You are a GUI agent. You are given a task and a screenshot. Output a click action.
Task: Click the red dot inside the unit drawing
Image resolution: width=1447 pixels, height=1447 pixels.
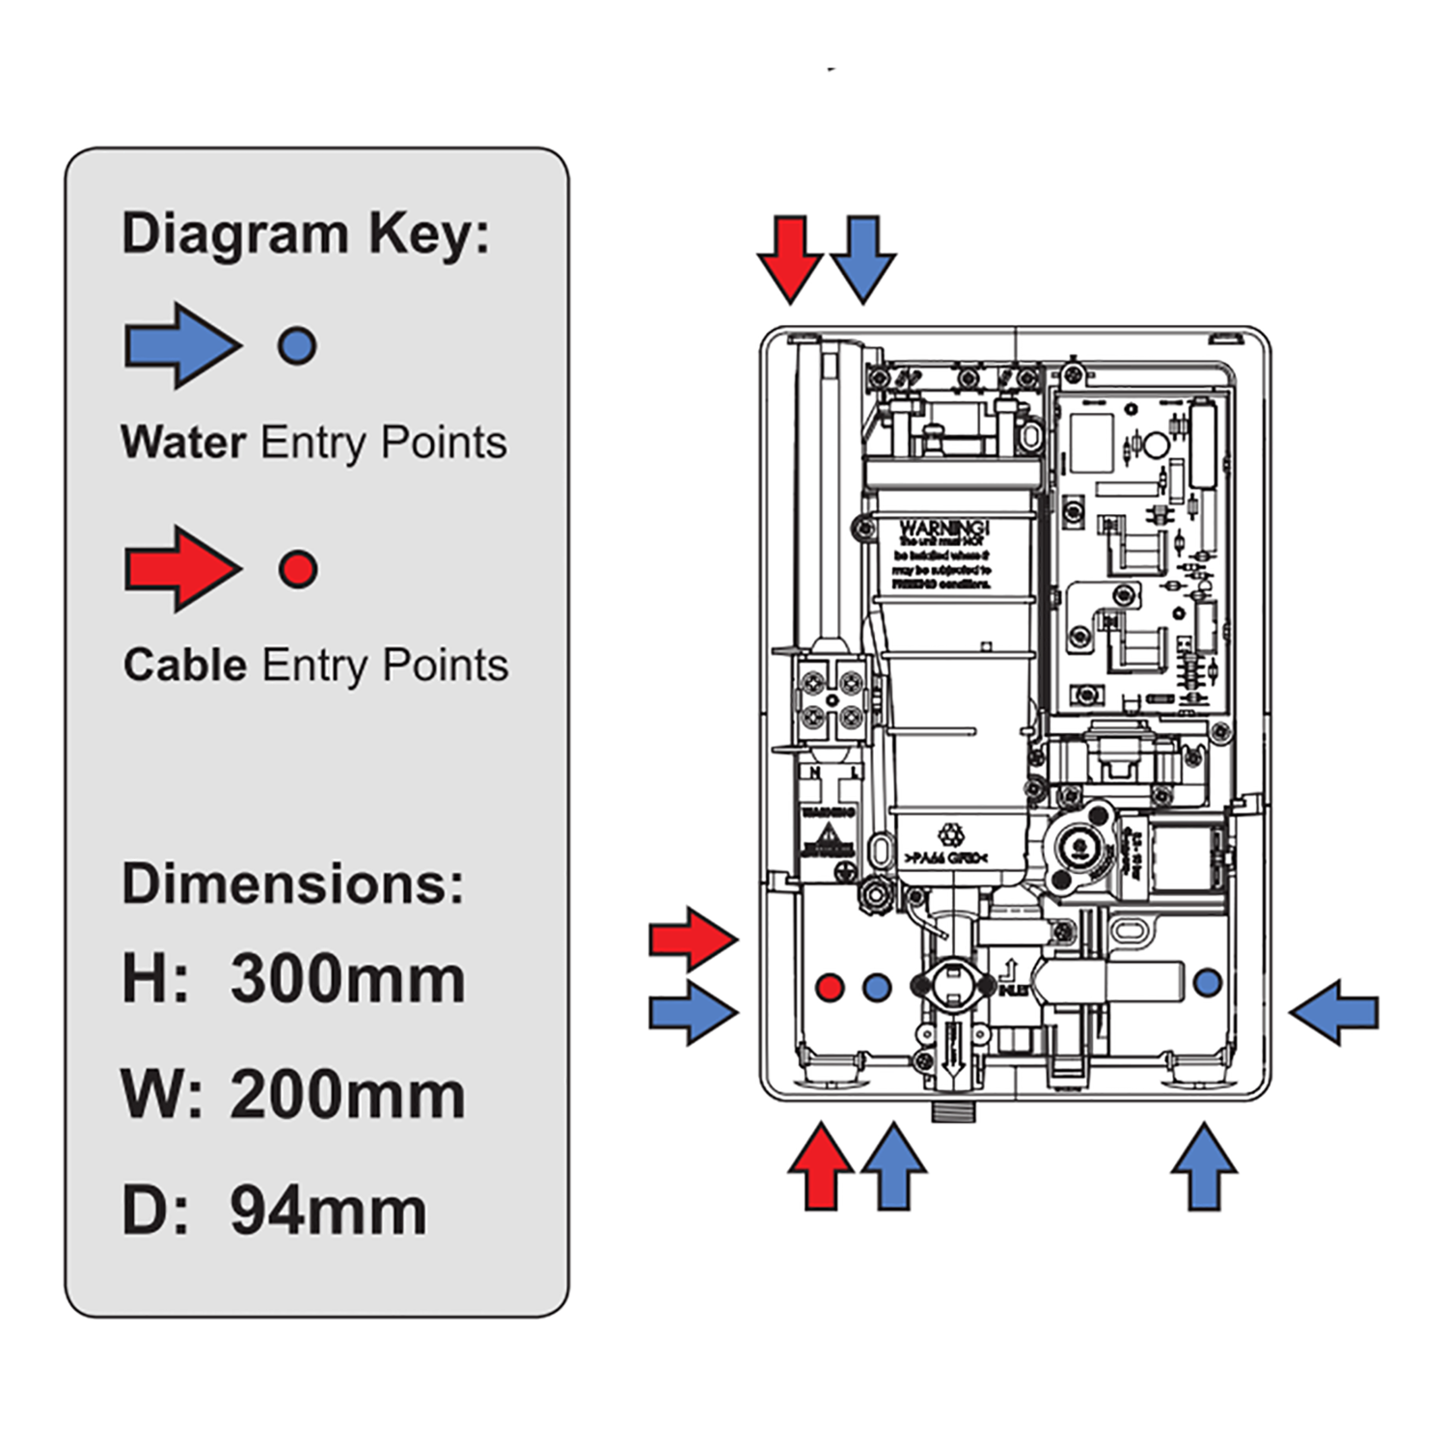pos(830,987)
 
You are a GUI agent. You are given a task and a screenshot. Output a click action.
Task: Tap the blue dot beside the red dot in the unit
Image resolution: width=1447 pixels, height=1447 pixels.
pos(876,987)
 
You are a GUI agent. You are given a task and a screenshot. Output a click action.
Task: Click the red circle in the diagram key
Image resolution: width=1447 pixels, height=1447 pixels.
pos(298,569)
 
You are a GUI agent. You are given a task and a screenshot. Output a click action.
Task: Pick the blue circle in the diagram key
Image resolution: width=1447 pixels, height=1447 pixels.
pos(297,345)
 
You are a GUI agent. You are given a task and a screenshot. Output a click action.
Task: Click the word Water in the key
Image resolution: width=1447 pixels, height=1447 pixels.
pos(183,443)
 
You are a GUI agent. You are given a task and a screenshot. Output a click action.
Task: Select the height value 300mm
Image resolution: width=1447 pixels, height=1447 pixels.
pos(347,978)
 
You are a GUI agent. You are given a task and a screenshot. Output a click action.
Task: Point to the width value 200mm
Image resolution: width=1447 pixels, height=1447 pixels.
pos(347,1095)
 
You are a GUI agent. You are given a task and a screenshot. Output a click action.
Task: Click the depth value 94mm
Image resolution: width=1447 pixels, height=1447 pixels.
pos(328,1211)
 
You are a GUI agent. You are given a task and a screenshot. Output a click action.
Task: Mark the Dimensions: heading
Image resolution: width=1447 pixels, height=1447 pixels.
pos(292,883)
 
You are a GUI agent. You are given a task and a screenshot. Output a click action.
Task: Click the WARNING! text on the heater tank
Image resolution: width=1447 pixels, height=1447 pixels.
pos(943,529)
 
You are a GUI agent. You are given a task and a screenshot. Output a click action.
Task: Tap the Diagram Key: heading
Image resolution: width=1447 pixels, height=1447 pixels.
pos(305,234)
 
